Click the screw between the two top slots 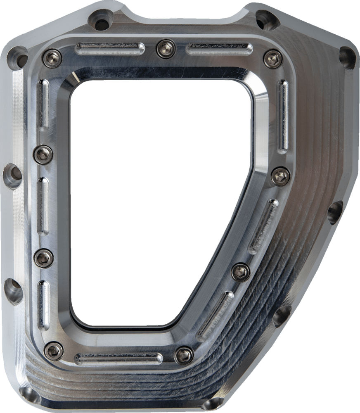point(166,49)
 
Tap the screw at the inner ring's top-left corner point(52,58)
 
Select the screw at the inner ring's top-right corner point(273,59)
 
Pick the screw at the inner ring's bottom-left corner point(54,351)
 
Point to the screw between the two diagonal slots point(241,272)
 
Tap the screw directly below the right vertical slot point(280,176)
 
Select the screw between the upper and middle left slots point(43,155)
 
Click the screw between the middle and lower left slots point(43,258)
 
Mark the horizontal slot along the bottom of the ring point(118,358)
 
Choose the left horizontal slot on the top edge point(109,49)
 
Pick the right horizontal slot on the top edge point(219,49)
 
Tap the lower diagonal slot point(215,316)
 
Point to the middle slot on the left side point(43,206)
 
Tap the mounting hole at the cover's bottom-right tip point(213,404)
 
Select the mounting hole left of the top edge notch point(101,19)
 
